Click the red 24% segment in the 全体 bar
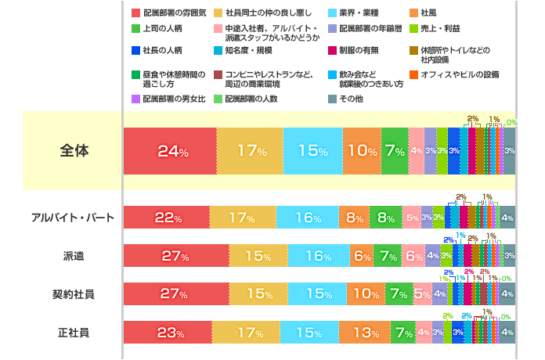[170, 151]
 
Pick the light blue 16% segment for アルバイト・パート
[307, 218]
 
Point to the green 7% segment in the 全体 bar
[394, 151]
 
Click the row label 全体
[74, 150]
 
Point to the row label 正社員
[74, 333]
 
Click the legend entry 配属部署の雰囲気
[170, 13]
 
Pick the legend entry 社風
[428, 13]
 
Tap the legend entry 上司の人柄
[162, 28]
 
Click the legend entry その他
[350, 99]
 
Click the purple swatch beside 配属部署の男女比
[135, 99]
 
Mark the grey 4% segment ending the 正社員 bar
[507, 333]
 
